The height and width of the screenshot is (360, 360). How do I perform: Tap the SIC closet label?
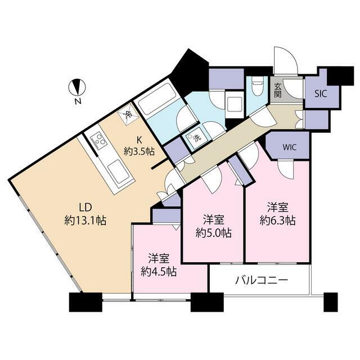pos(321,94)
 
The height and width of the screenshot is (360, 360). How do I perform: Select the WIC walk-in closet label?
pos(290,147)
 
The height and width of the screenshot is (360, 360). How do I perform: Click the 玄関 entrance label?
pos(278,90)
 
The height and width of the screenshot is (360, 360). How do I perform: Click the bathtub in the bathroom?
pos(155,99)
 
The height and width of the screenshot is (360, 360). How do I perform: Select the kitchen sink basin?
pos(119,172)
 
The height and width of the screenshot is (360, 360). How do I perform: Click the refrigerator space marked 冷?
pos(128,114)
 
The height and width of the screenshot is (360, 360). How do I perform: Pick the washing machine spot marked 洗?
pos(193,138)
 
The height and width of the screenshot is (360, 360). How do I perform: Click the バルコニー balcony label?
pos(262,280)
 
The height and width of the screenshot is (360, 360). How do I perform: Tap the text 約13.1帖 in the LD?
pos(85,220)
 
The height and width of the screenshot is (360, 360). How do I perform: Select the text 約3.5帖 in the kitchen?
pos(139,151)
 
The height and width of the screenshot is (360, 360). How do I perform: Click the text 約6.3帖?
pos(277,220)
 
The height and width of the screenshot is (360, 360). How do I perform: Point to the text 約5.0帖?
pos(214,233)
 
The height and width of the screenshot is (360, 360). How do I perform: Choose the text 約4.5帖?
pos(159,272)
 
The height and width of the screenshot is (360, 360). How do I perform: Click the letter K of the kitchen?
pos(139,139)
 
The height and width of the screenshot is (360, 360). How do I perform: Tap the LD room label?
pos(85,208)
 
